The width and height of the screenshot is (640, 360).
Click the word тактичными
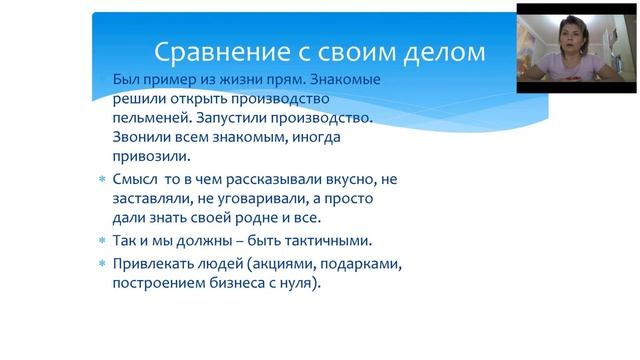(321, 242)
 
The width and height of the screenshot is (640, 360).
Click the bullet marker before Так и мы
(101, 242)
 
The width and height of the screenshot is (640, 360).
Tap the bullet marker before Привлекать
(101, 264)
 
